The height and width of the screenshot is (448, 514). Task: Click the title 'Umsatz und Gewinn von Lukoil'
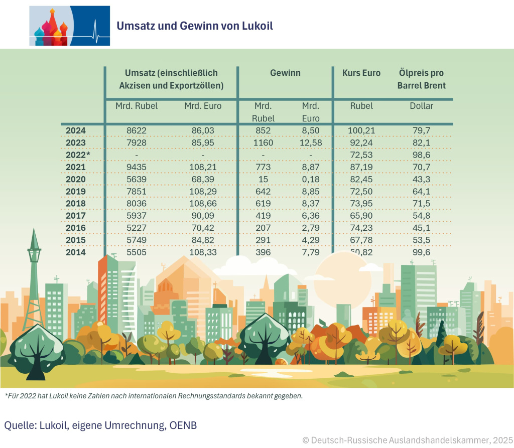(195, 26)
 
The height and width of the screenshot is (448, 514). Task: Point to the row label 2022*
(77, 155)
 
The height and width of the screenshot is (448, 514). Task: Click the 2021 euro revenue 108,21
(203, 167)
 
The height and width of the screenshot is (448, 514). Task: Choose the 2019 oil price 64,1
(421, 191)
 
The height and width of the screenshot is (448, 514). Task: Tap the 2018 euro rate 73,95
(361, 204)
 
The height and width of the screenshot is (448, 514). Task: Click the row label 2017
(76, 216)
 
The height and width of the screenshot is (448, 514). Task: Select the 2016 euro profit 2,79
(311, 228)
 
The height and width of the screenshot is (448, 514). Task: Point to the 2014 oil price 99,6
(421, 252)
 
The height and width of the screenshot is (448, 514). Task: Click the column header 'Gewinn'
(285, 73)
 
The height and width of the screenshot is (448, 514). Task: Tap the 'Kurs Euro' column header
(361, 73)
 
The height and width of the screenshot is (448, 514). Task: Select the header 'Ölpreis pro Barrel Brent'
(421, 79)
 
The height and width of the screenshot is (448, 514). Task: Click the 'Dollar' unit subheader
(421, 106)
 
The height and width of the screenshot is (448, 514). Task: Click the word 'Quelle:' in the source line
(21, 425)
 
